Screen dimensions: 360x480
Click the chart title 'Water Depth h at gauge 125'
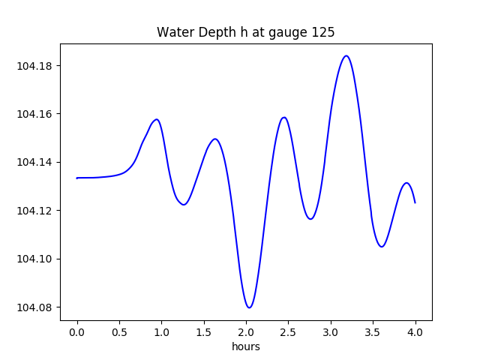click(x=245, y=32)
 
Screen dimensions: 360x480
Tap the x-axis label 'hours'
click(x=246, y=347)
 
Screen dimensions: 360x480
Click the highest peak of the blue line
click(x=346, y=55)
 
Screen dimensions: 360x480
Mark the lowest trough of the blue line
click(x=250, y=307)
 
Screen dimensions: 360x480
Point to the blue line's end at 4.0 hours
click(x=415, y=202)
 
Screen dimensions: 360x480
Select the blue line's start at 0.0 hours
click(x=77, y=178)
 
